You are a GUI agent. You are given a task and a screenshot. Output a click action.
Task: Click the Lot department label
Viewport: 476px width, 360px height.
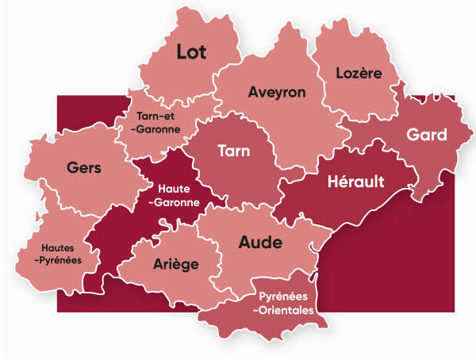click(x=191, y=53)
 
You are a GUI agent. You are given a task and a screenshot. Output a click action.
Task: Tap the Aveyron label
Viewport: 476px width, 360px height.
click(x=277, y=92)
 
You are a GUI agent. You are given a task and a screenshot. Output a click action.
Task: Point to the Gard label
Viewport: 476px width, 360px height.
click(x=427, y=135)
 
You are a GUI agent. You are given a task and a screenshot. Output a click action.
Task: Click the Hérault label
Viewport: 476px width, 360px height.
click(x=356, y=182)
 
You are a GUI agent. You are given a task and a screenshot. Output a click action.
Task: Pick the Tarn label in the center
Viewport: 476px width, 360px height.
click(x=234, y=151)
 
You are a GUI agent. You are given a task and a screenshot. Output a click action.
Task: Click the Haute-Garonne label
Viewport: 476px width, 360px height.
click(x=173, y=194)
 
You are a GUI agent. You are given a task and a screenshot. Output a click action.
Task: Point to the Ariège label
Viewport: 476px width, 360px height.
click(x=175, y=264)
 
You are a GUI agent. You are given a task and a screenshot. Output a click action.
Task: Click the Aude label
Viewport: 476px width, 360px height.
click(x=260, y=243)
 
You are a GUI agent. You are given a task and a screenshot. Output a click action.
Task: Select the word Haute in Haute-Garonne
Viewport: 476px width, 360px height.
click(x=173, y=188)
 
